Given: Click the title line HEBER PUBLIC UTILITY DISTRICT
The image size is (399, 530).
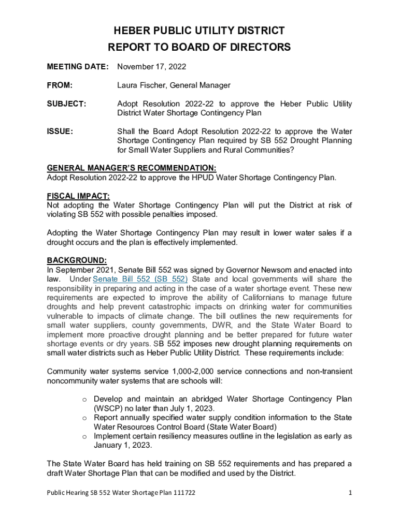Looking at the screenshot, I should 199,31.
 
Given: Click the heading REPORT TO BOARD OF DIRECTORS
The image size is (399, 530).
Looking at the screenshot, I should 199,48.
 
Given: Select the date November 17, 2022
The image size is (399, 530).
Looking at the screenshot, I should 151,67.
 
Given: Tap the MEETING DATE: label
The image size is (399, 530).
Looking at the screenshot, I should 78,67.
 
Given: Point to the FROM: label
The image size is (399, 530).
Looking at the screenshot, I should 60,85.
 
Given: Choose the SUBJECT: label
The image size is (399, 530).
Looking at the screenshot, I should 66,104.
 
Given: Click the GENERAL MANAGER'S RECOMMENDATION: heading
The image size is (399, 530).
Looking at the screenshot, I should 132,168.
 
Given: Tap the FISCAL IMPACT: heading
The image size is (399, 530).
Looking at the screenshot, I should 78,196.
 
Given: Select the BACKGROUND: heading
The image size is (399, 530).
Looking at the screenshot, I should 77,260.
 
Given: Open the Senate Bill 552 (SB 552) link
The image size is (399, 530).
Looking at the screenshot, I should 140,279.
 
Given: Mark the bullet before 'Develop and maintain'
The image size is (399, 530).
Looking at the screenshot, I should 84,399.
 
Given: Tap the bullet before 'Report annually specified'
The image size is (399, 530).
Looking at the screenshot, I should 84,418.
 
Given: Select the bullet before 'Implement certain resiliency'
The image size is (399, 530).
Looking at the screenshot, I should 84,436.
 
